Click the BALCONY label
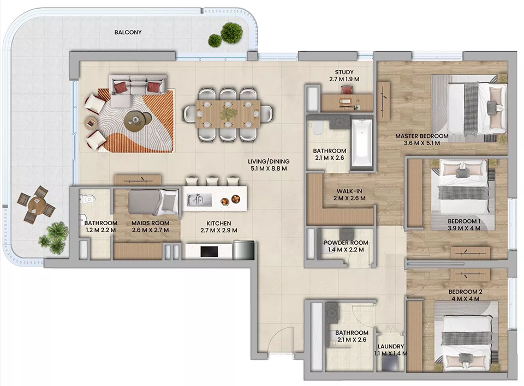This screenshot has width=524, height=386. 128,33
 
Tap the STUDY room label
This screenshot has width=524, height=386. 344,73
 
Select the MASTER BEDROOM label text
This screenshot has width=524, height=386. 422,136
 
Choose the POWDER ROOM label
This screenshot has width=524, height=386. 346,243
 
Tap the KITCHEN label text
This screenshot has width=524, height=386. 218,224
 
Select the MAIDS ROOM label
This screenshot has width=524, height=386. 151,224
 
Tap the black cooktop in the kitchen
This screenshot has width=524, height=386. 209,251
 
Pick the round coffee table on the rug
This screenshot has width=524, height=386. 135,119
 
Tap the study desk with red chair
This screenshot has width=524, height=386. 345,101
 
